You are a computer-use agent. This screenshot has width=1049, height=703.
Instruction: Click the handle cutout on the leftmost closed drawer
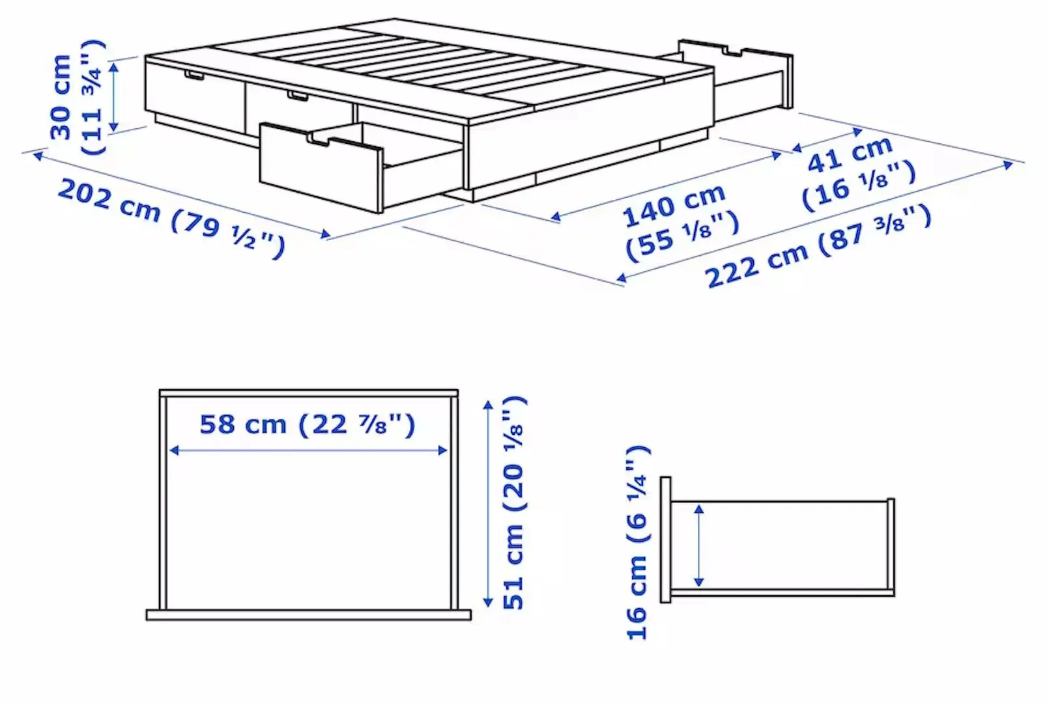pos(194,76)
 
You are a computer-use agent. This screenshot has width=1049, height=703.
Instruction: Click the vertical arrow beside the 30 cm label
pos(115,96)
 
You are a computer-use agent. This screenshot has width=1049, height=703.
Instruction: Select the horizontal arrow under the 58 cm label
pos(308,450)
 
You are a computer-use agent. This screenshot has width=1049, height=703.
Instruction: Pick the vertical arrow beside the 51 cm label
pos(488,504)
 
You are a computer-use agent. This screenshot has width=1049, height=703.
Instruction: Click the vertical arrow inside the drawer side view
pos(699,545)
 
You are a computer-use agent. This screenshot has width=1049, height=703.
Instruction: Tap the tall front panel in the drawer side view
pos(665,540)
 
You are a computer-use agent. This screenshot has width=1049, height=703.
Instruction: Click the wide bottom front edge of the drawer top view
pos(308,615)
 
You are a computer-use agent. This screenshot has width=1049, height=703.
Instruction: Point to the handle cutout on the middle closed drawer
pos(298,96)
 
